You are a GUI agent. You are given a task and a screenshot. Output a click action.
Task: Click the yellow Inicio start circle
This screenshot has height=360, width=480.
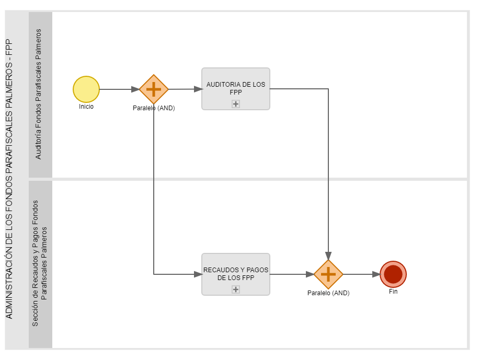(86, 89)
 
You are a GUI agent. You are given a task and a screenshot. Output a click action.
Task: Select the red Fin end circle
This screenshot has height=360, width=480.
(393, 274)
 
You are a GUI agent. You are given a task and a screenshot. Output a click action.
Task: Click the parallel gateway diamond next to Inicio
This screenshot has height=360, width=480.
(154, 89)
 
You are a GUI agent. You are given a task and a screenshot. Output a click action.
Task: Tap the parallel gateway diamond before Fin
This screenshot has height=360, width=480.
(328, 274)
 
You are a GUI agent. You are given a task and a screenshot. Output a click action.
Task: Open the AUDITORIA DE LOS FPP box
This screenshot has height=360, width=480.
(236, 89)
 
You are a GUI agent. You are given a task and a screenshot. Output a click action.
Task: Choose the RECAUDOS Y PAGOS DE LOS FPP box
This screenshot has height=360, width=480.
(236, 274)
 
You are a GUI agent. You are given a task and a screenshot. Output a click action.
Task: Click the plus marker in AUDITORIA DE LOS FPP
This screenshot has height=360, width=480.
(236, 104)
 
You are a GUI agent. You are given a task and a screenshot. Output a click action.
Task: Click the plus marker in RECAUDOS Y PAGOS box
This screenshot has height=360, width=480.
(236, 289)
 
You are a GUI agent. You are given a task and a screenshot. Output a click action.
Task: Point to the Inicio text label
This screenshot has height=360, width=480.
(86, 107)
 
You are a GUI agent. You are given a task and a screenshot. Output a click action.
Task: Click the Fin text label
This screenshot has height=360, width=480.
(393, 292)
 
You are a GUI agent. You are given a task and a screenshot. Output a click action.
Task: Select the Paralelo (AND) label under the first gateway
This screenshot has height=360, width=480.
(154, 108)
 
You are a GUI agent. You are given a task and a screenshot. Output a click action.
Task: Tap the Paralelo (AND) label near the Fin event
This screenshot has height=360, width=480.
(328, 293)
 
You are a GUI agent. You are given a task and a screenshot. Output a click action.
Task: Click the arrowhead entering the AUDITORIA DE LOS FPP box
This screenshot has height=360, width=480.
(198, 89)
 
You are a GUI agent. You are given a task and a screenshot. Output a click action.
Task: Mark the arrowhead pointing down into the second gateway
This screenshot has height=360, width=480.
(328, 256)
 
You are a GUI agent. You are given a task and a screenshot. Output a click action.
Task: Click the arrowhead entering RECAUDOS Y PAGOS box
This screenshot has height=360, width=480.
(198, 274)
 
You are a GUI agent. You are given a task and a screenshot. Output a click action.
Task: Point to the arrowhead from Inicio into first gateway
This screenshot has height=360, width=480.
(135, 89)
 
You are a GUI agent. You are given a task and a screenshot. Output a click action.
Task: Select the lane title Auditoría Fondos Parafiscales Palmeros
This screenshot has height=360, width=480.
(38, 94)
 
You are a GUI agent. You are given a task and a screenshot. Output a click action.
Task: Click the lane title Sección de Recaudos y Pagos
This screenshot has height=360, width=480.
(40, 263)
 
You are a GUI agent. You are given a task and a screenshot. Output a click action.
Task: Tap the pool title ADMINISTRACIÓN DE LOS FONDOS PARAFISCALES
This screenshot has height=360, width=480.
(9, 179)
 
